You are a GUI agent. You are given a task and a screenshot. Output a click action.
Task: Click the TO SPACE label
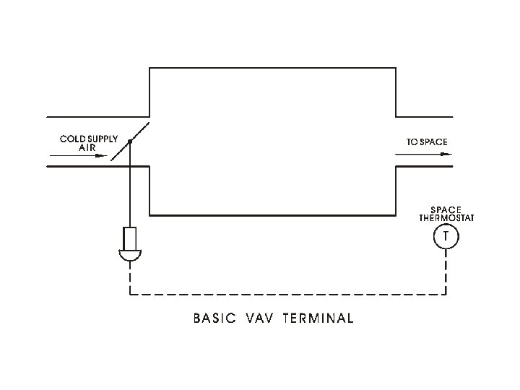425,142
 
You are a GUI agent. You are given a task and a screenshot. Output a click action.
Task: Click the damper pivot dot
130,142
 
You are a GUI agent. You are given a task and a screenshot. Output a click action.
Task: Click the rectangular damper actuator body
130,238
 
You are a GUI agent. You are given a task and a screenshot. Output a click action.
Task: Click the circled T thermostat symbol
446,235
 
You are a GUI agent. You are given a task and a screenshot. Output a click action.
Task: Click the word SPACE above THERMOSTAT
446,210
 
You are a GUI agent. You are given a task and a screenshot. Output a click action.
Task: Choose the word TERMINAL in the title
318,318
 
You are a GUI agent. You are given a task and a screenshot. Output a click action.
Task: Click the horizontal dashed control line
289,295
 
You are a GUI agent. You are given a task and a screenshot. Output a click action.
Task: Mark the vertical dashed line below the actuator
130,278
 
